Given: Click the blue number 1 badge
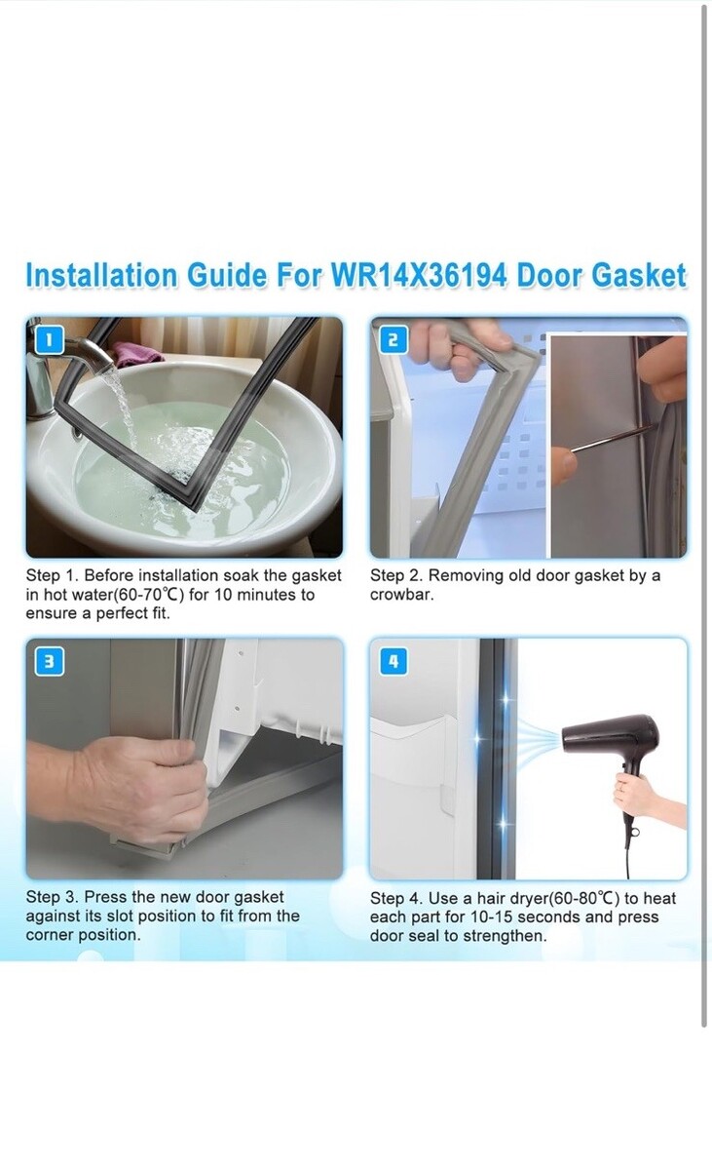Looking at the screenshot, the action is (x=48, y=340).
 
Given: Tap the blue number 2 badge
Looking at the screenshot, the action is (x=393, y=340).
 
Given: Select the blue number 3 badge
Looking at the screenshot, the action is (x=49, y=662).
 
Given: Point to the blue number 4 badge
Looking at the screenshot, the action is (x=393, y=662).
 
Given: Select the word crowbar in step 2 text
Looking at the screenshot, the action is (x=400, y=595).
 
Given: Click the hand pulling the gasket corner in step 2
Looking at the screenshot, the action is (x=459, y=349).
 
